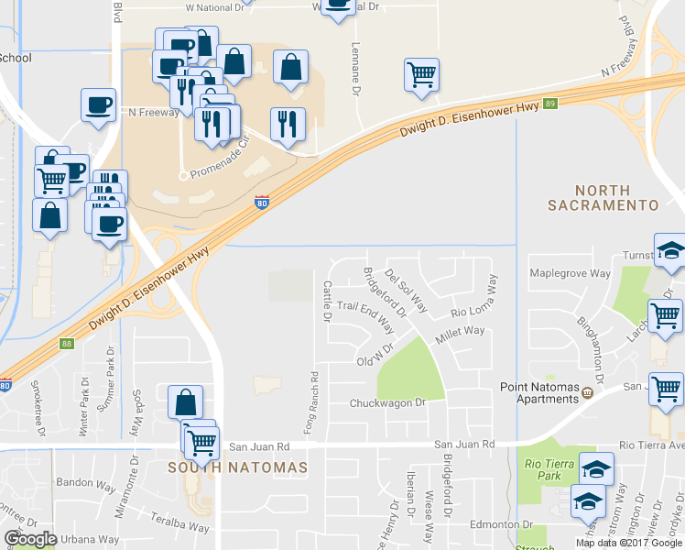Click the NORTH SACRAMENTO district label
603,195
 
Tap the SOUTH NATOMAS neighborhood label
236,467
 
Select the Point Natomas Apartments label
540,393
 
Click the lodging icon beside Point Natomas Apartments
588,393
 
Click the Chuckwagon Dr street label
388,403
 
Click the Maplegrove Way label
571,273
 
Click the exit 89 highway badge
549,104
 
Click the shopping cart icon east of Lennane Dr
421,74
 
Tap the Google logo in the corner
31,539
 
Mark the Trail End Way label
365,314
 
